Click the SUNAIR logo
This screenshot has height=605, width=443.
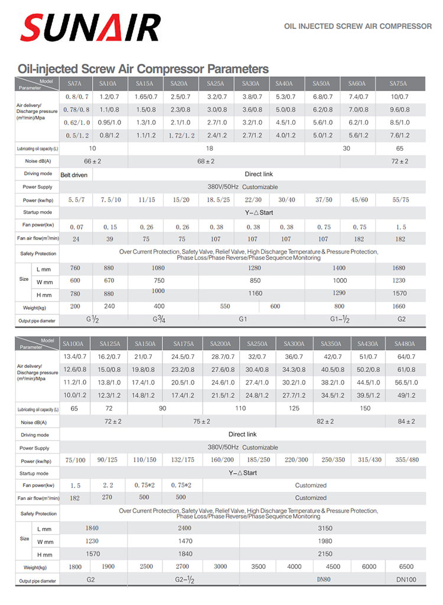(x=90, y=27)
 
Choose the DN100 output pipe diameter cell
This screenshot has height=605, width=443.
(x=406, y=580)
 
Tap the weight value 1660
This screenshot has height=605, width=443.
(x=399, y=306)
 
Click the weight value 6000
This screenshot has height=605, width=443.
(x=369, y=567)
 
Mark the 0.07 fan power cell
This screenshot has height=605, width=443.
(x=76, y=227)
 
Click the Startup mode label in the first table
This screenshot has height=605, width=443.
(x=37, y=212)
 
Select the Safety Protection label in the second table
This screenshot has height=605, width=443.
(x=37, y=513)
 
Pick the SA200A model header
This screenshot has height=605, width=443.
(x=220, y=344)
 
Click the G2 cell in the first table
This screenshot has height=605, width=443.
(x=401, y=320)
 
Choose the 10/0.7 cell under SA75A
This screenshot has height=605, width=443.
(x=400, y=96)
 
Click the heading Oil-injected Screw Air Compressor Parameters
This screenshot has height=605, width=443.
(x=143, y=69)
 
